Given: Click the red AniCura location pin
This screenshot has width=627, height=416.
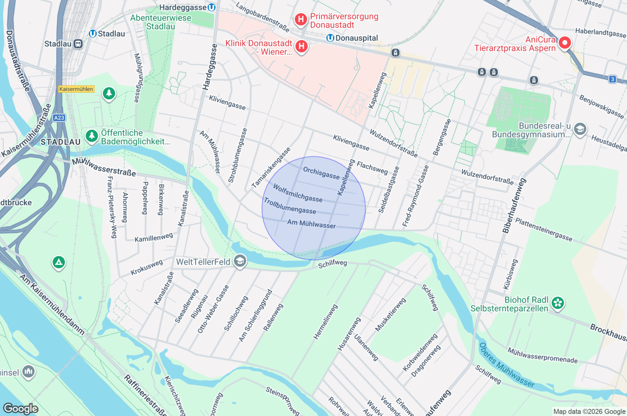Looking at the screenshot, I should click(x=565, y=42).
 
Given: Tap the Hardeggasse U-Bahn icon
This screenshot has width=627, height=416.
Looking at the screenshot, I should click(x=211, y=7).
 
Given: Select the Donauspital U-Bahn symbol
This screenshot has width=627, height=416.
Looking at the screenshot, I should click(x=330, y=38).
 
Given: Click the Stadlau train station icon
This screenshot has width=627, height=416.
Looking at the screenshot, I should click(x=78, y=44).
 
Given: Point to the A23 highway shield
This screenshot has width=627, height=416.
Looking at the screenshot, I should click(x=59, y=118).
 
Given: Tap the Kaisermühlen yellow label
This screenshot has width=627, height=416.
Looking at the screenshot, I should click(x=76, y=89).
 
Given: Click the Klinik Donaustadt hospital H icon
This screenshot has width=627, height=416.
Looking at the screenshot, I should click(x=301, y=47).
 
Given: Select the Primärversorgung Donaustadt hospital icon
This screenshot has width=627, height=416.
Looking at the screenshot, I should click(x=300, y=19).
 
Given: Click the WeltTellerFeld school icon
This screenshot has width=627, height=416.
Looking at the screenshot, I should click(x=240, y=261).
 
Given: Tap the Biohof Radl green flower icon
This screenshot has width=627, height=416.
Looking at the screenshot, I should click(x=558, y=303).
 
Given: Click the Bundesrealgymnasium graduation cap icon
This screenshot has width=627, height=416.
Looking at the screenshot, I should click(x=580, y=129).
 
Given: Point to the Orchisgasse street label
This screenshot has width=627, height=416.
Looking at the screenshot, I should click(x=321, y=173).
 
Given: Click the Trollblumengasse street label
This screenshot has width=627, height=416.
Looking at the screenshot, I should click(x=290, y=206).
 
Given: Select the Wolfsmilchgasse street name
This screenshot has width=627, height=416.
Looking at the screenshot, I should click(x=297, y=193).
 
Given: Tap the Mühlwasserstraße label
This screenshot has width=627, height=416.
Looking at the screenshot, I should click(x=104, y=167).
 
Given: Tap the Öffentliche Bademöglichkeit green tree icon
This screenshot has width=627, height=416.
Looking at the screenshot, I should click(x=92, y=136).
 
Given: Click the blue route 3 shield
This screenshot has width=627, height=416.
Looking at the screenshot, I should click(x=612, y=79).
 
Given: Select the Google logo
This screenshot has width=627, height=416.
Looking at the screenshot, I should click(x=20, y=408).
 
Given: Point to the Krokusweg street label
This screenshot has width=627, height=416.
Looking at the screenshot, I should click(x=147, y=267).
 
